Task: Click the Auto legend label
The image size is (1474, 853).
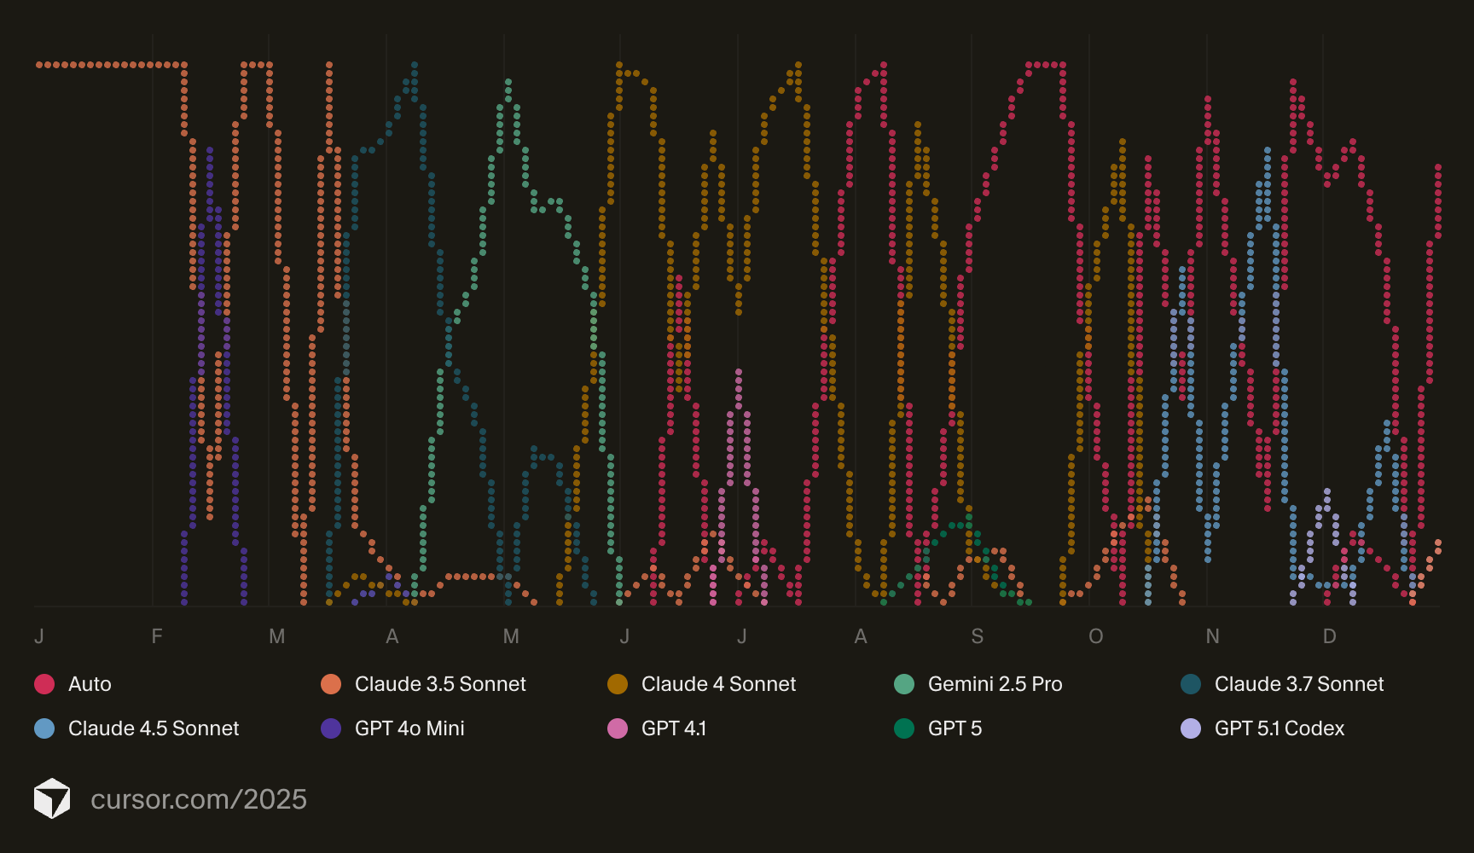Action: [x=90, y=684]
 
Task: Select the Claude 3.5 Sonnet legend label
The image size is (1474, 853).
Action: [x=440, y=684]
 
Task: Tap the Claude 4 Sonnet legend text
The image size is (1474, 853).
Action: [x=718, y=684]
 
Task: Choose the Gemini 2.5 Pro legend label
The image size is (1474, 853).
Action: [x=995, y=684]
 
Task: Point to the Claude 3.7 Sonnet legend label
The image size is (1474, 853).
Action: [x=1298, y=684]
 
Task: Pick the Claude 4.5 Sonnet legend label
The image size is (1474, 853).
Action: [x=154, y=728]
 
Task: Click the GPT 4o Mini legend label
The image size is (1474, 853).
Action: [x=409, y=728]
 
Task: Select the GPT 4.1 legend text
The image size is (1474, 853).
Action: [x=673, y=728]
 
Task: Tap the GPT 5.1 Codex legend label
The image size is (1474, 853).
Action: [x=1279, y=728]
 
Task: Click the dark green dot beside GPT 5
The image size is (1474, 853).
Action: [x=904, y=728]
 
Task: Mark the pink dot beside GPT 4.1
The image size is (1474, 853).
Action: [x=618, y=728]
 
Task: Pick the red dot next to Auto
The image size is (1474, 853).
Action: [x=44, y=684]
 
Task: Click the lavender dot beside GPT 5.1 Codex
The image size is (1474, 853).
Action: [x=1191, y=728]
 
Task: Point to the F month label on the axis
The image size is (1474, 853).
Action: [x=157, y=636]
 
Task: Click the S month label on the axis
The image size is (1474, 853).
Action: [x=978, y=636]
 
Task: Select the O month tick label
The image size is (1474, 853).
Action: [x=1095, y=636]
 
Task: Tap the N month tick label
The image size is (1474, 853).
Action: [x=1212, y=636]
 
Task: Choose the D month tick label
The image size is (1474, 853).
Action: [x=1329, y=636]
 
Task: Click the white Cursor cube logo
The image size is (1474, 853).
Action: [x=52, y=798]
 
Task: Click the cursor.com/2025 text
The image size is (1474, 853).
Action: [x=199, y=799]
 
